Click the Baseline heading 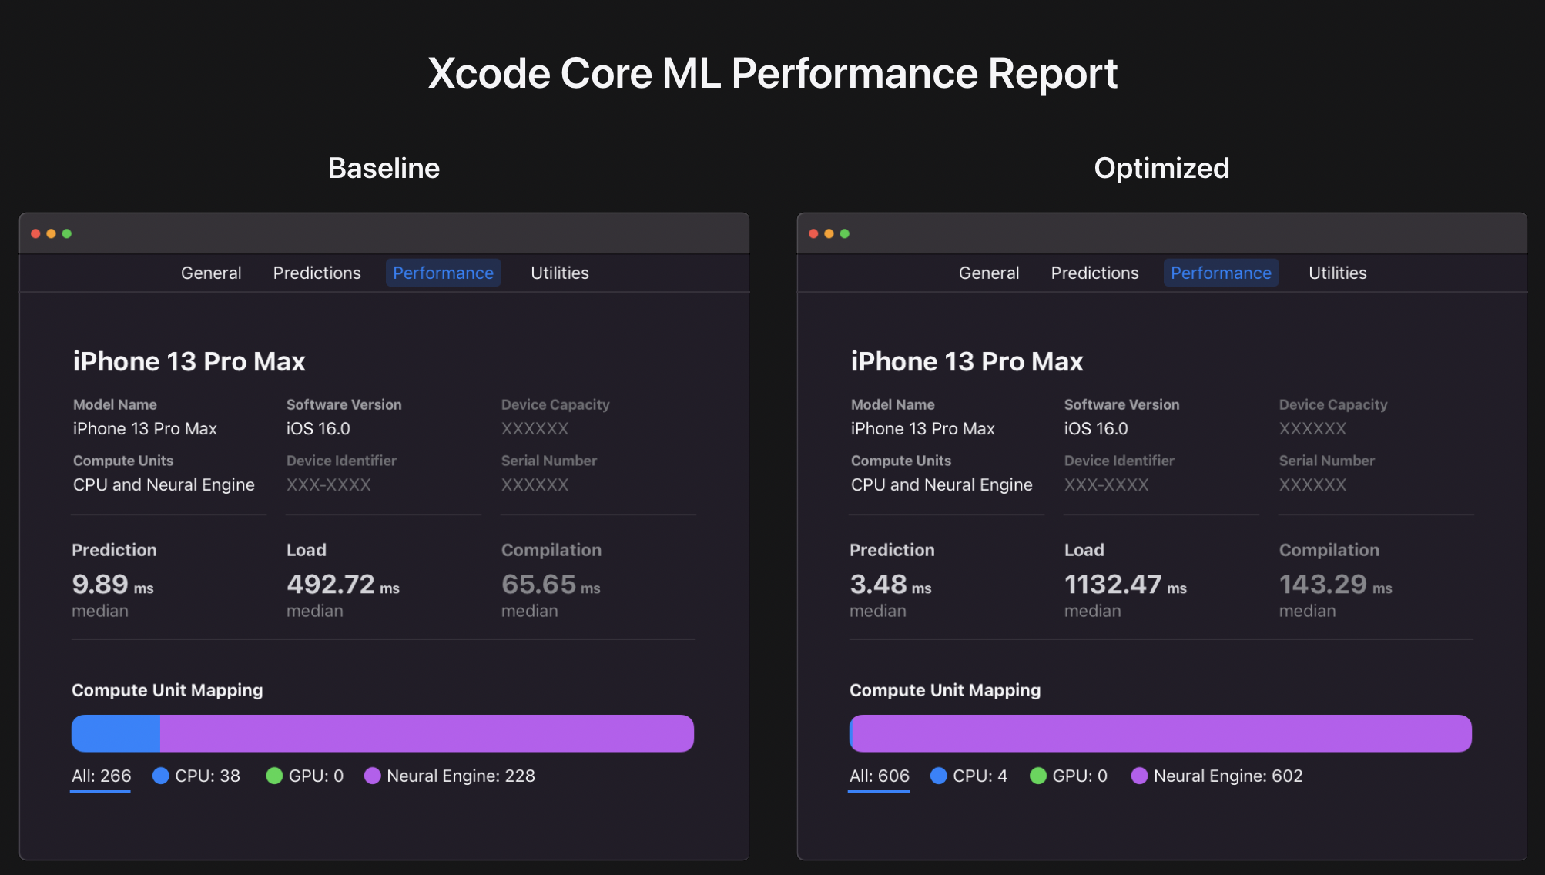coord(384,168)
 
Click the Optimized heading coord(1161,168)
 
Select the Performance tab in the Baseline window coord(443,273)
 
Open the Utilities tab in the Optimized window coord(1337,273)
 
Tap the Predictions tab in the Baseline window coord(317,273)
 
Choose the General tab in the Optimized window coord(988,273)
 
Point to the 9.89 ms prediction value coord(112,585)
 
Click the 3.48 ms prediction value coord(890,585)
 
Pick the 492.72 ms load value coord(342,585)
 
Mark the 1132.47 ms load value coord(1124,585)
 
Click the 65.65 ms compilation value coord(550,585)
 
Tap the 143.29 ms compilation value coord(1335,585)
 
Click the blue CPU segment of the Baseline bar coord(116,733)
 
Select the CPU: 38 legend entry coord(197,776)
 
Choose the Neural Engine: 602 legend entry coord(1217,776)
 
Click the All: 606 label coord(879,776)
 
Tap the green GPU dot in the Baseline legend coord(274,776)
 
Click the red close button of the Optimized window coord(813,233)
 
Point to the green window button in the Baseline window coord(67,233)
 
